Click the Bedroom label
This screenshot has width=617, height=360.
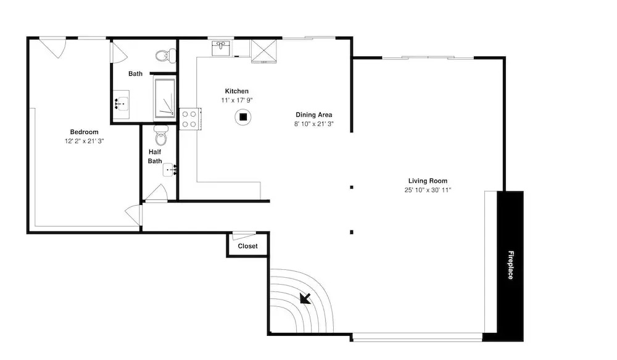(84, 132)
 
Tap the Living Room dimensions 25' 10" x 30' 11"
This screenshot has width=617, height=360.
(428, 190)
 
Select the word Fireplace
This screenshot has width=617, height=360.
(510, 265)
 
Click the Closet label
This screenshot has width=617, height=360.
(247, 246)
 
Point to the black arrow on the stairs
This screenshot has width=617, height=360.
(305, 298)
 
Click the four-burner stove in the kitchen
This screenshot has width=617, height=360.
(190, 119)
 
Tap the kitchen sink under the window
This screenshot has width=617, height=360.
(222, 48)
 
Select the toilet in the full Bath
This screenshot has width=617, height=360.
(165, 56)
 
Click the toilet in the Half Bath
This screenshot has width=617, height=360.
(161, 135)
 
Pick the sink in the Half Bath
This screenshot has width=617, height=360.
(170, 170)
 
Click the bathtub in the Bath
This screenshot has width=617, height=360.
(165, 98)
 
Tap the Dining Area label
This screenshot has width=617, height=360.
(314, 115)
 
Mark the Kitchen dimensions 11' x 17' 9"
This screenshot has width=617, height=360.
(237, 101)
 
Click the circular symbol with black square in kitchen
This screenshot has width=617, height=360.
(243, 117)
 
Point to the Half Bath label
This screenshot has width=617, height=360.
(155, 156)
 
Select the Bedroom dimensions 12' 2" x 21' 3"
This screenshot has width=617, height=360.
(84, 141)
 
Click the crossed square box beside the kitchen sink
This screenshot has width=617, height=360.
(264, 51)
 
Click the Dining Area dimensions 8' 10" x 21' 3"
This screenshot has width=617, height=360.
(314, 123)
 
